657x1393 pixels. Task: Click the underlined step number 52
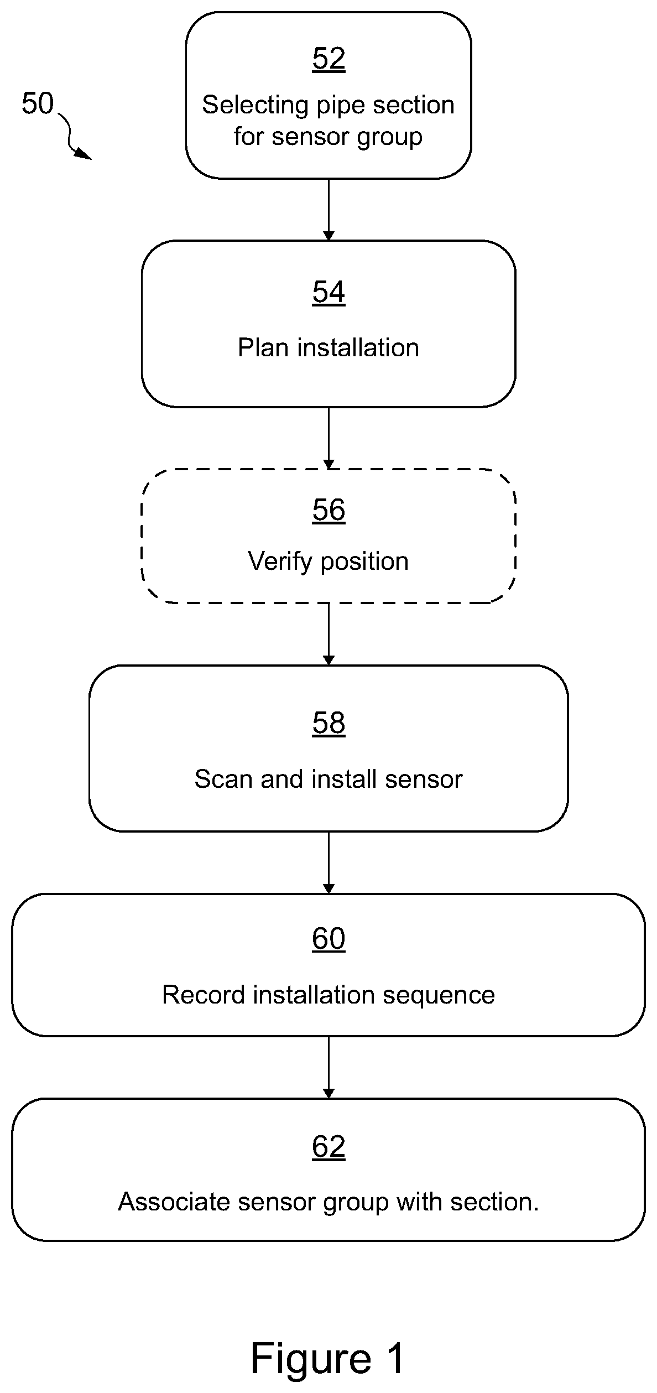pyautogui.click(x=328, y=59)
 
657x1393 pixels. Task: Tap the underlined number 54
pyautogui.click(x=328, y=292)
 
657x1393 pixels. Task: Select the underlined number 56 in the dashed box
pyautogui.click(x=328, y=510)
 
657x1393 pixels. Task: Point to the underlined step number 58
pyautogui.click(x=328, y=723)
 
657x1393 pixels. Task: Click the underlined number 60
pyautogui.click(x=328, y=938)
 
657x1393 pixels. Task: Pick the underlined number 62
pyautogui.click(x=328, y=1146)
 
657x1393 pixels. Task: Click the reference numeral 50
pyautogui.click(x=38, y=103)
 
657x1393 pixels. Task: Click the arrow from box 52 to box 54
pyautogui.click(x=328, y=210)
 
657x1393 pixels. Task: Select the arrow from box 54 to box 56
pyautogui.click(x=328, y=438)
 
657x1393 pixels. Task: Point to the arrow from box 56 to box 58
pyautogui.click(x=328, y=634)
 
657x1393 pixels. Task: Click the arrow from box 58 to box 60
pyautogui.click(x=328, y=862)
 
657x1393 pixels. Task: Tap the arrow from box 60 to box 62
pyautogui.click(x=328, y=1067)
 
